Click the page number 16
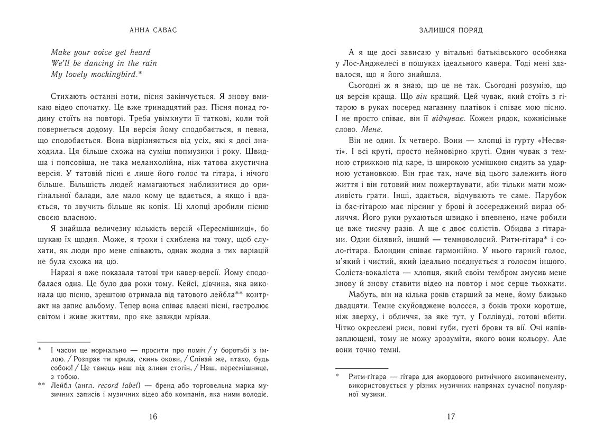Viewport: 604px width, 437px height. point(152,416)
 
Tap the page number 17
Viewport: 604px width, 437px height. point(451,416)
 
